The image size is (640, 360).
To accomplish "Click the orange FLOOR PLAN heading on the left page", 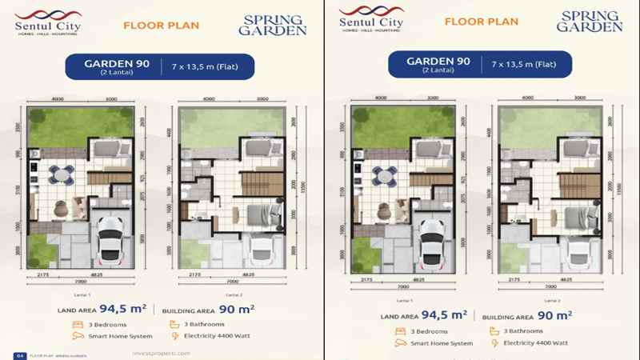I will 162,26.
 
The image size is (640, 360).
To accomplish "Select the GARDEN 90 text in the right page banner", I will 438,62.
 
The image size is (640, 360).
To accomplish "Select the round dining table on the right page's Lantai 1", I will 382,174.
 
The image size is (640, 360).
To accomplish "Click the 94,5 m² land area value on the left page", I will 128,306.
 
